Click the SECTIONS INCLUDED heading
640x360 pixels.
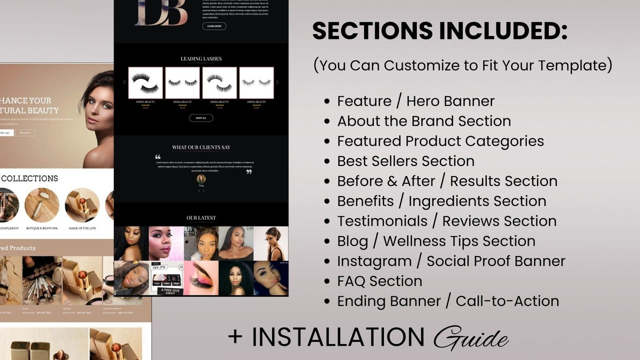pos(439,31)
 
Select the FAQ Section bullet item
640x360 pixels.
pos(379,281)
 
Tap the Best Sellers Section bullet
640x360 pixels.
pos(405,161)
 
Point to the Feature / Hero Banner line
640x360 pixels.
pos(415,101)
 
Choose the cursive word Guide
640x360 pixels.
pos(470,338)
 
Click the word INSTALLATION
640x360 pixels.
pos(338,337)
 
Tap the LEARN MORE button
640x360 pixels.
pos(214,26)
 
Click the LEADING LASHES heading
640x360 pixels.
pos(201,59)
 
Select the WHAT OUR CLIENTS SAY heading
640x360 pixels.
pos(201,147)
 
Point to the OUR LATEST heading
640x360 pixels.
pos(201,218)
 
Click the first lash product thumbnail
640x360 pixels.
pos(145,83)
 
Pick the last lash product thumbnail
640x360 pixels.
pos(256,83)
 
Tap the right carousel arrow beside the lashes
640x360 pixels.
pos(277,82)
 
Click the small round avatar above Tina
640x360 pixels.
pos(201,179)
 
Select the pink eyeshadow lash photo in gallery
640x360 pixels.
pos(201,278)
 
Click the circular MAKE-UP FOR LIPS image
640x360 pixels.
pos(82,205)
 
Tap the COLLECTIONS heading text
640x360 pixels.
pos(30,178)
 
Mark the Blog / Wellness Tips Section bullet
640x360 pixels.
pos(436,241)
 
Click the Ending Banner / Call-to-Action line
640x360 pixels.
pos(447,301)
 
